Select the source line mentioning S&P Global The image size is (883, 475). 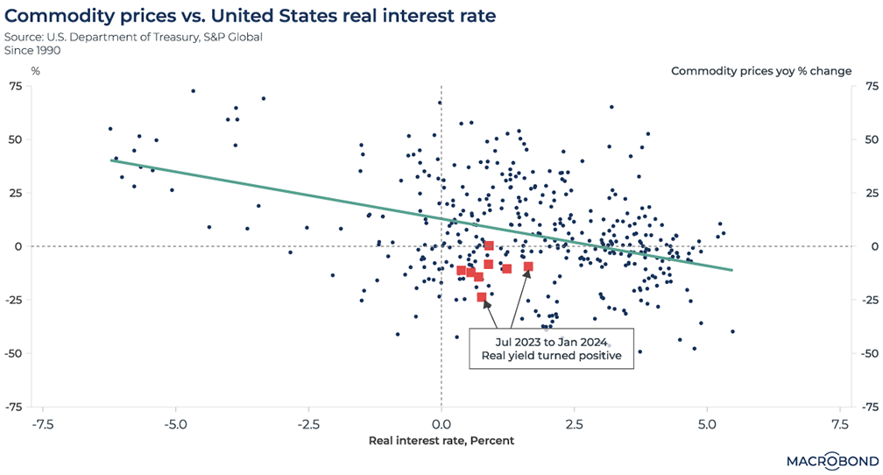click(x=133, y=37)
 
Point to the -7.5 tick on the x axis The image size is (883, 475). click(x=40, y=425)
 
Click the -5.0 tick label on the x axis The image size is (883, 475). click(x=175, y=425)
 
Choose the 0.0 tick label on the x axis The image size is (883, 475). click(x=441, y=425)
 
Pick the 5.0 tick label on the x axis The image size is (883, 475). click(x=706, y=425)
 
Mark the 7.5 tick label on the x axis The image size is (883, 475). click(x=838, y=425)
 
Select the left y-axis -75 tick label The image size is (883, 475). click(x=16, y=407)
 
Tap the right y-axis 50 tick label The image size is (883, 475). click(x=871, y=139)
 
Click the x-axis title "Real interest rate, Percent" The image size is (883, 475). click(x=441, y=440)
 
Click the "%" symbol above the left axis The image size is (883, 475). click(x=36, y=71)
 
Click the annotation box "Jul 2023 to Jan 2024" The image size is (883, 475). click(x=551, y=349)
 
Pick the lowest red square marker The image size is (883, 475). click(x=482, y=297)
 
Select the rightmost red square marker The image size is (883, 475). click(x=528, y=266)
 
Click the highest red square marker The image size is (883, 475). click(x=489, y=245)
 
